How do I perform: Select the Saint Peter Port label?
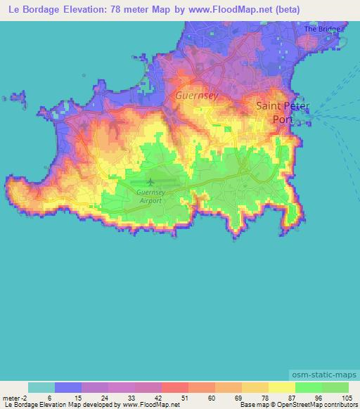pos(281,112)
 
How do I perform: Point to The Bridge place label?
pos(321,29)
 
